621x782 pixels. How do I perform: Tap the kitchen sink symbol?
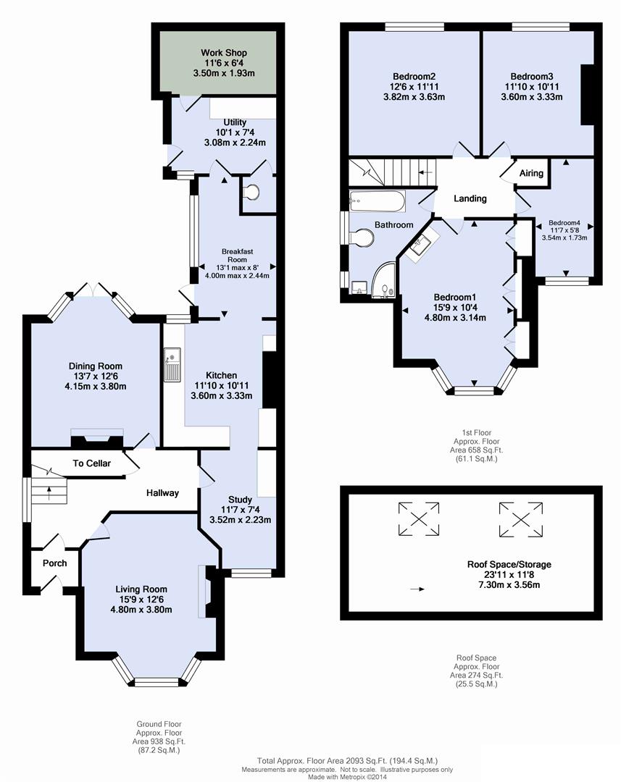tap(172, 364)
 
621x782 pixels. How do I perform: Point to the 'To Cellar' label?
tap(91, 463)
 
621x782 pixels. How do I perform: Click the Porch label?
tap(54, 563)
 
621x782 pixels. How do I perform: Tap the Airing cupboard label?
tap(532, 174)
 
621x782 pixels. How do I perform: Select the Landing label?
tap(470, 198)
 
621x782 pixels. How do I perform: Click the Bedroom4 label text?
tap(564, 223)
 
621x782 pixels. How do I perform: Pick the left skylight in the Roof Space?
tap(419, 518)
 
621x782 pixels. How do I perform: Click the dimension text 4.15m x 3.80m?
tap(96, 387)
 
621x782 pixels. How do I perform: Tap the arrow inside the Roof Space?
tap(417, 590)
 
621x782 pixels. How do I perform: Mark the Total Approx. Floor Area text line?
tap(348, 761)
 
